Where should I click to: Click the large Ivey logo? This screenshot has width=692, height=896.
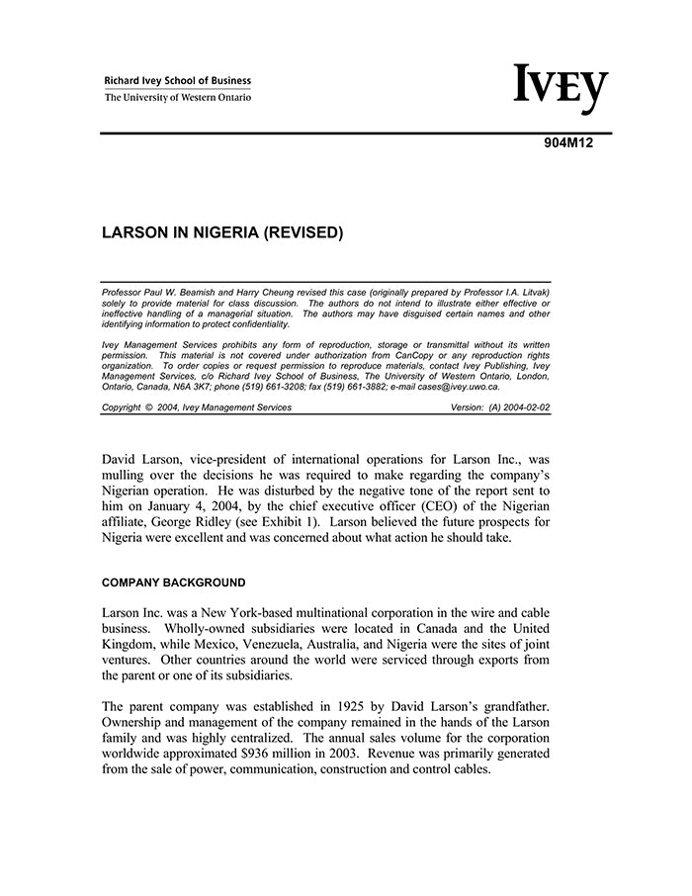[560, 89]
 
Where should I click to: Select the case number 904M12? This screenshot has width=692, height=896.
[567, 142]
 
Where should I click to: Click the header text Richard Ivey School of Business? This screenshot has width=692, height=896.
[178, 81]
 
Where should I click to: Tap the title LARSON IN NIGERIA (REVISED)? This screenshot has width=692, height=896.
[222, 234]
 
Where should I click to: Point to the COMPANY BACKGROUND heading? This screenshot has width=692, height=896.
[174, 582]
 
